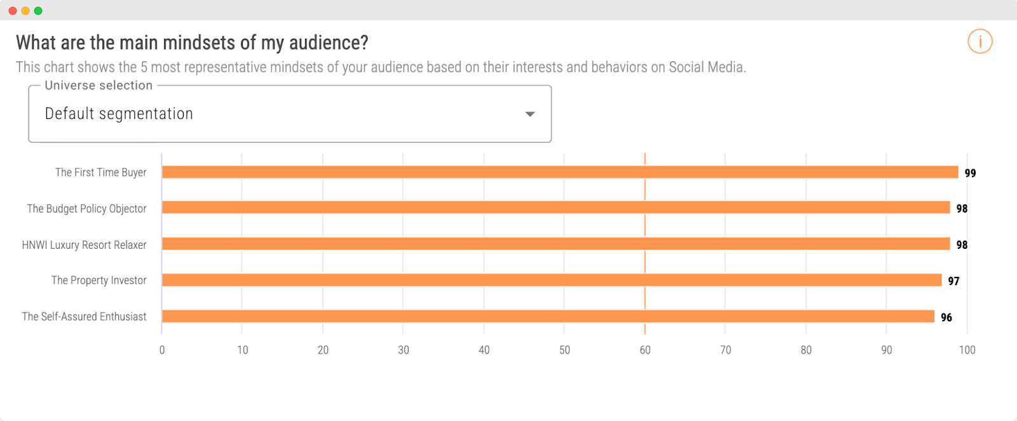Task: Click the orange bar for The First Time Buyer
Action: point(559,172)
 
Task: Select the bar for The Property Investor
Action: point(551,280)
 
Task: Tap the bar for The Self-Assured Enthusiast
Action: point(547,316)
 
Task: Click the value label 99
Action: point(970,173)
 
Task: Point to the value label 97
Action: point(953,281)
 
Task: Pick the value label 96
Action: point(946,317)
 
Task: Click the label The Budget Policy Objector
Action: point(86,208)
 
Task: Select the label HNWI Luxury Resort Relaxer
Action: point(84,244)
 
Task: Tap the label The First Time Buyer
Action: point(100,172)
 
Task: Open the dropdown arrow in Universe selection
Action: point(529,114)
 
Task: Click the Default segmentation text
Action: point(119,114)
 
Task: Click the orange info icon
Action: point(979,42)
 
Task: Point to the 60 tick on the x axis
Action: point(645,350)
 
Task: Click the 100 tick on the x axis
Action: point(967,350)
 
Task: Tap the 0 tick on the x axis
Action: point(162,350)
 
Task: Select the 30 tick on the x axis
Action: point(404,350)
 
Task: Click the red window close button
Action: point(13,11)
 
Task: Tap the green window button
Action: point(38,11)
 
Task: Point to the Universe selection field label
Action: point(99,85)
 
